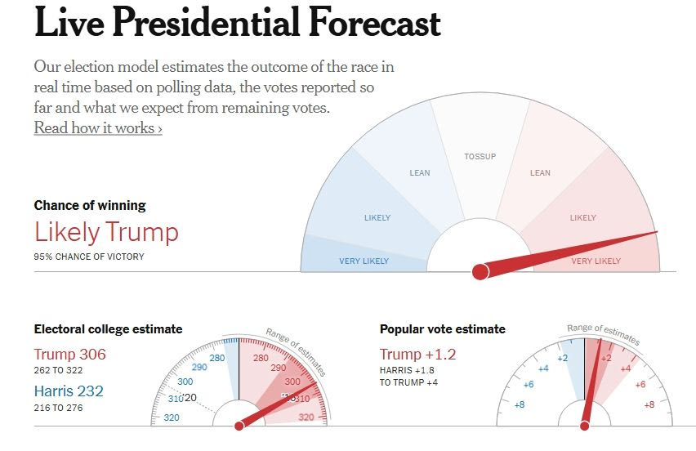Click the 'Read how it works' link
[x=98, y=128]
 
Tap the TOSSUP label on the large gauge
[x=480, y=156]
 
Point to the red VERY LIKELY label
[x=596, y=261]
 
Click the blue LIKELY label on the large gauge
[x=377, y=218]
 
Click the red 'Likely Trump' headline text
[x=106, y=232]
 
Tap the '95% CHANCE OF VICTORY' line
[x=89, y=257]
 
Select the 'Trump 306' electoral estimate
[x=70, y=355]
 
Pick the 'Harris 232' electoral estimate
[x=70, y=392]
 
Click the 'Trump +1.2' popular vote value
[x=418, y=355]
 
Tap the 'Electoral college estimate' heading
[x=108, y=329]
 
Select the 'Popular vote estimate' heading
[x=443, y=329]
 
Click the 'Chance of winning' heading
[x=90, y=206]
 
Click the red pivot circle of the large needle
[x=480, y=270]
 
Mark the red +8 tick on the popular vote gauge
[x=649, y=404]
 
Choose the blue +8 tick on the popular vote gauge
[x=519, y=404]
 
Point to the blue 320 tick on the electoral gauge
[x=171, y=418]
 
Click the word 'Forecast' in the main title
[x=374, y=25]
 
